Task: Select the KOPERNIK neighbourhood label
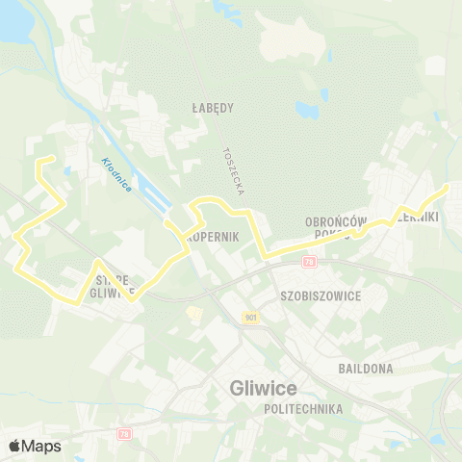pos(204,236)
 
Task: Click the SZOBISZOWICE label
pos(321,295)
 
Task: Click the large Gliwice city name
pos(264,388)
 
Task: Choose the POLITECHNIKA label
pos(303,409)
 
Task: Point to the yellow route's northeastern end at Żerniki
pos(448,185)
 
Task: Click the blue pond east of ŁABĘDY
pos(307,110)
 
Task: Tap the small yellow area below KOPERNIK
pos(193,313)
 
